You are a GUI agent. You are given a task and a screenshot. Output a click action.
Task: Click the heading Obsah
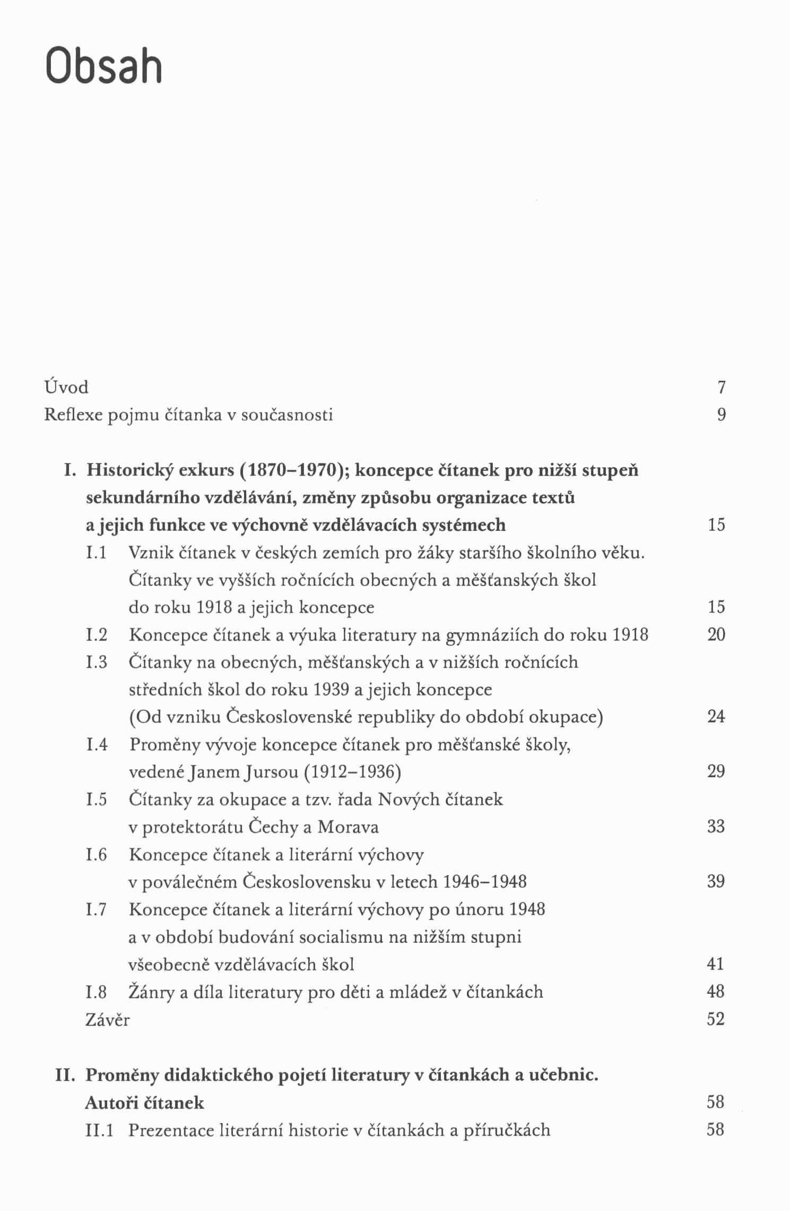pyautogui.click(x=104, y=66)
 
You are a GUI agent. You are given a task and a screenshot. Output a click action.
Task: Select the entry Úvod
pyautogui.click(x=66, y=387)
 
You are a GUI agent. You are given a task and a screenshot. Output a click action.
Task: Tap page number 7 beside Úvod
pyautogui.click(x=721, y=388)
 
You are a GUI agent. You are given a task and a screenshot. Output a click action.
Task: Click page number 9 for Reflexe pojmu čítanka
pyautogui.click(x=721, y=415)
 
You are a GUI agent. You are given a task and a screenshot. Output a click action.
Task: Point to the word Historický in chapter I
pyautogui.click(x=128, y=470)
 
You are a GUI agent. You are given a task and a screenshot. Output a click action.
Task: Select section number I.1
pyautogui.click(x=96, y=553)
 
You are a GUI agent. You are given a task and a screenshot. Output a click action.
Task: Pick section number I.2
pyautogui.click(x=97, y=634)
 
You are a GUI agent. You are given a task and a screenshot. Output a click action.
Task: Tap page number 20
pyautogui.click(x=716, y=634)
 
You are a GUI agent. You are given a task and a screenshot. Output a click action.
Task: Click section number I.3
pyautogui.click(x=97, y=662)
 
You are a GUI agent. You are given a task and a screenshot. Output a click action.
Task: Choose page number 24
pyautogui.click(x=716, y=717)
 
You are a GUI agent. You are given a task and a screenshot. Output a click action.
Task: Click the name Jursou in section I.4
pyautogui.click(x=271, y=771)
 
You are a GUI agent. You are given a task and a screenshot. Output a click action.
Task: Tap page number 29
pyautogui.click(x=716, y=771)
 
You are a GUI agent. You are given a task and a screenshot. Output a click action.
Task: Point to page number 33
pyautogui.click(x=716, y=827)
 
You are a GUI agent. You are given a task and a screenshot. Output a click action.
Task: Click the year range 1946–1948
pyautogui.click(x=484, y=881)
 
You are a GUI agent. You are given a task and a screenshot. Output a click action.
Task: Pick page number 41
pyautogui.click(x=716, y=964)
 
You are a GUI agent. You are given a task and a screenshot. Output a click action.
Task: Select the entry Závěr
pyautogui.click(x=107, y=1019)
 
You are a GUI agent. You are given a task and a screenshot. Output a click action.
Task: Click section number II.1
pyautogui.click(x=99, y=1130)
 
